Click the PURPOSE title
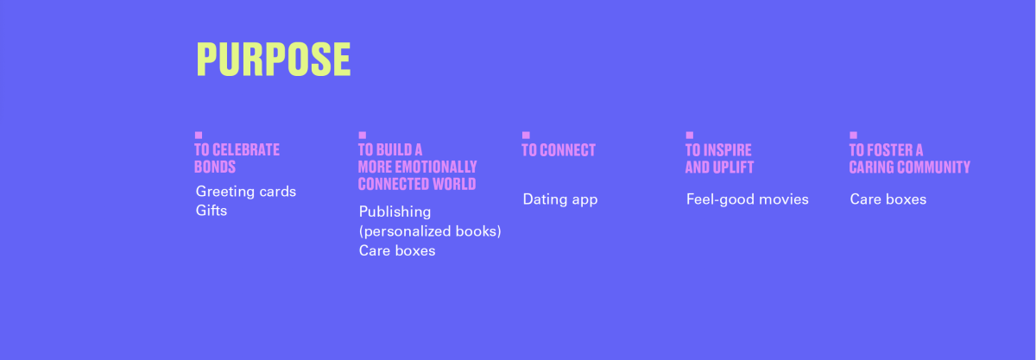pyautogui.click(x=274, y=60)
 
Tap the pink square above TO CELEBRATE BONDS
pyautogui.click(x=199, y=136)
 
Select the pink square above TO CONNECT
pyautogui.click(x=526, y=136)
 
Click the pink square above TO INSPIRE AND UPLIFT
pyautogui.click(x=690, y=136)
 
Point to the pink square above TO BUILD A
pyautogui.click(x=362, y=136)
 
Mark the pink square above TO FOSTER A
pyautogui.click(x=853, y=136)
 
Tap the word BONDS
pyautogui.click(x=215, y=167)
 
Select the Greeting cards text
pyautogui.click(x=246, y=192)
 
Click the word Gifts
pyautogui.click(x=212, y=211)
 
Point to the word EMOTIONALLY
pyautogui.click(x=436, y=167)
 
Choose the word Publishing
pyautogui.click(x=395, y=212)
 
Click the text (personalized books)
pyautogui.click(x=430, y=231)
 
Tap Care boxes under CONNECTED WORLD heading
pyautogui.click(x=397, y=251)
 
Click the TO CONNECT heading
pyautogui.click(x=559, y=150)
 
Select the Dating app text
pyautogui.click(x=560, y=199)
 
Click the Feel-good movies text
pyautogui.click(x=748, y=199)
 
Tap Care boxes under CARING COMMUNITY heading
pyautogui.click(x=888, y=199)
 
